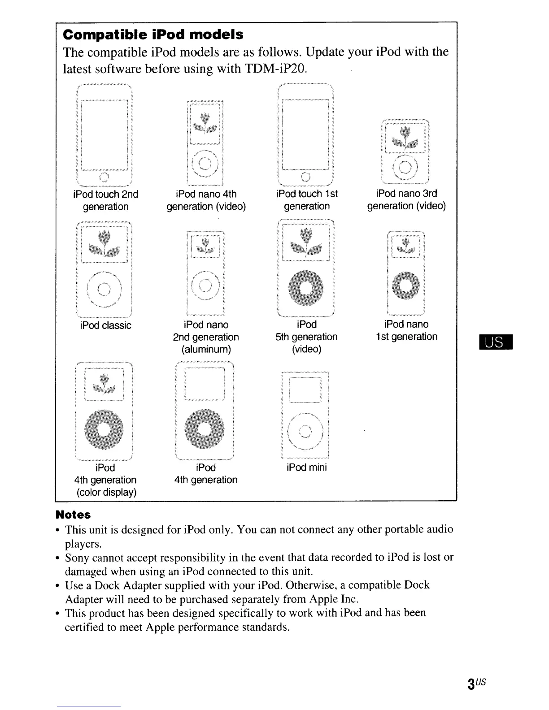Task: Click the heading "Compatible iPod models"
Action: pyautogui.click(x=153, y=35)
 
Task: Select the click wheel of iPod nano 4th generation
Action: pyautogui.click(x=205, y=162)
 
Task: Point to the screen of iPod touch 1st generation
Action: pyautogui.click(x=305, y=134)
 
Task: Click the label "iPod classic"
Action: pyautogui.click(x=105, y=325)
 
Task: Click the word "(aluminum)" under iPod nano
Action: pyautogui.click(x=206, y=349)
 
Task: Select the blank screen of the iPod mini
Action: pyautogui.click(x=305, y=390)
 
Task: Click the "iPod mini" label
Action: pyautogui.click(x=307, y=468)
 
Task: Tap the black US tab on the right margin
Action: pyautogui.click(x=495, y=343)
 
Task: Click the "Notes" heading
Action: pyautogui.click(x=73, y=515)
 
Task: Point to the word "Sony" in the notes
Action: pyautogui.click(x=78, y=558)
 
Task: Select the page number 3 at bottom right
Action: pyautogui.click(x=471, y=684)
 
